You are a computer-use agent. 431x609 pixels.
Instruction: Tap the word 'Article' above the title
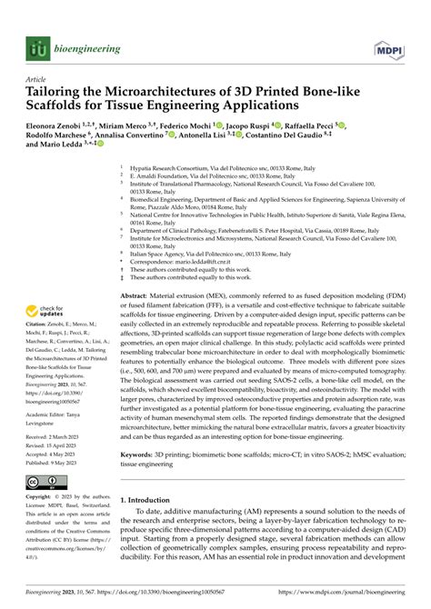(x=37, y=79)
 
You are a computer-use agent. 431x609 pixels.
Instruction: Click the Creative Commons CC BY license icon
(x=45, y=483)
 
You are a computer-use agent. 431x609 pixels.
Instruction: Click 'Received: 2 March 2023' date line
(x=60, y=436)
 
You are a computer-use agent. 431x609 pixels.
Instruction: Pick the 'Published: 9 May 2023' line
(x=60, y=461)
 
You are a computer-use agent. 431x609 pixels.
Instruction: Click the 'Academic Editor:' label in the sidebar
(x=50, y=404)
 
